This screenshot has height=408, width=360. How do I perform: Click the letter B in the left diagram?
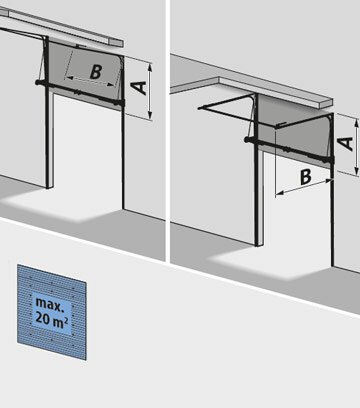tap(96, 72)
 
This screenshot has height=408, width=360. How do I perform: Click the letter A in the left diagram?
tap(139, 88)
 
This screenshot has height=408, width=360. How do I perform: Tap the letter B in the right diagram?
tap(306, 177)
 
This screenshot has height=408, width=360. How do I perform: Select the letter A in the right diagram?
tap(346, 143)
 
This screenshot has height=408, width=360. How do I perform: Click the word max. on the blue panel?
tap(49, 304)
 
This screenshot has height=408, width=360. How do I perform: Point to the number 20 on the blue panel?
tap(42, 318)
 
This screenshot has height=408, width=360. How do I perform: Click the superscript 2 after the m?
tap(67, 320)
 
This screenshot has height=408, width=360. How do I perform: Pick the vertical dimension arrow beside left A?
tap(150, 91)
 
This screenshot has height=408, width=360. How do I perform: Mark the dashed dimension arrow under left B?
tap(91, 81)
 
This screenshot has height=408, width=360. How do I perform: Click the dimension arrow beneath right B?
tap(304, 187)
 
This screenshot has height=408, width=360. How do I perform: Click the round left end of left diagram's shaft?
tap(38, 82)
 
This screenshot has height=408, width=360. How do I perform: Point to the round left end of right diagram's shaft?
tap(247, 139)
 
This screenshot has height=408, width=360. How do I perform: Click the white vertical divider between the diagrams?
tap(168, 131)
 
